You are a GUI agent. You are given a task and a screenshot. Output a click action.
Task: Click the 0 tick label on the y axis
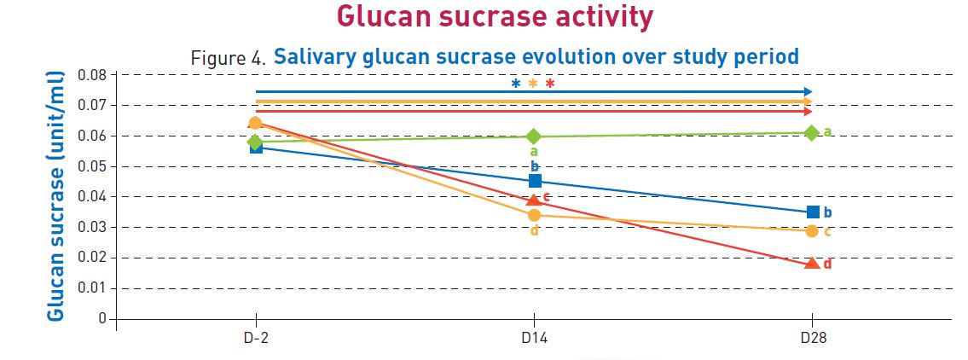(x=101, y=319)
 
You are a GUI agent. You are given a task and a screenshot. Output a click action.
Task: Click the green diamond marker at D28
(x=812, y=132)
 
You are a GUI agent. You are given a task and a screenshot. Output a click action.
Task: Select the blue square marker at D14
(x=535, y=181)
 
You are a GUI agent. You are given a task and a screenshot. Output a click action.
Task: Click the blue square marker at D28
(x=813, y=212)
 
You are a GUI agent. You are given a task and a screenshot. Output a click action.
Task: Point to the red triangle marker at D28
(x=812, y=264)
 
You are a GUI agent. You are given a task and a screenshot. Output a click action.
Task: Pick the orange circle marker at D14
(x=534, y=215)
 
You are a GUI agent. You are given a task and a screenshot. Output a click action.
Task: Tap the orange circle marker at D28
(x=812, y=231)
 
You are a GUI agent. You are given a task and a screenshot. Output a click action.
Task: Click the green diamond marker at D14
(x=534, y=136)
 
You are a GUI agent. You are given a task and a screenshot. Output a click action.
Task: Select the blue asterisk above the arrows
(x=515, y=84)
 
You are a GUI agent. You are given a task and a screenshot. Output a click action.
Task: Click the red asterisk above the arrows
(x=550, y=84)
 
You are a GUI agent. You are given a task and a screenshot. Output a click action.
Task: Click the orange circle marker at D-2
(x=254, y=123)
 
